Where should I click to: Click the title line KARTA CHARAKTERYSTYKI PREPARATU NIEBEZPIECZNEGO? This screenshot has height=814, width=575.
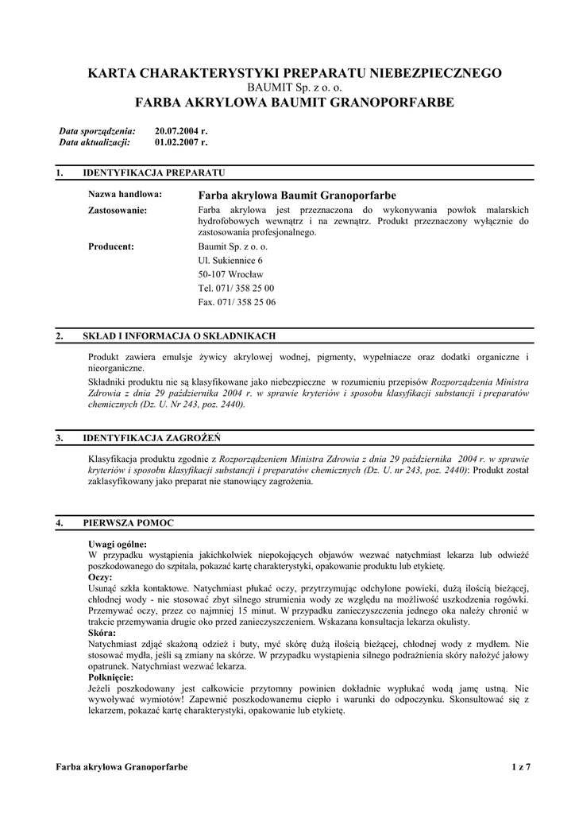[295, 73]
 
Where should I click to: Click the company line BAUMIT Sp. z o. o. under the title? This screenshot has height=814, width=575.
[295, 87]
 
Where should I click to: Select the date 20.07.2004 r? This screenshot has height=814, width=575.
[181, 130]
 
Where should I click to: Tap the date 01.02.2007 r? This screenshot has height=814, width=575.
[181, 142]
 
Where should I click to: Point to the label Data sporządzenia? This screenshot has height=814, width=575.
[98, 130]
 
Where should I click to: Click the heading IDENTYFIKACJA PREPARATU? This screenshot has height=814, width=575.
[154, 172]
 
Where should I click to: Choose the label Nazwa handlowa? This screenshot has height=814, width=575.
[125, 194]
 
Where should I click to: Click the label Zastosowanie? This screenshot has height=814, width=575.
[118, 210]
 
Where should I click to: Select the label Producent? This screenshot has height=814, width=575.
[111, 246]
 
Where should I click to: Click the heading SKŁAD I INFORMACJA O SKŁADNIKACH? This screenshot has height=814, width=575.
[179, 336]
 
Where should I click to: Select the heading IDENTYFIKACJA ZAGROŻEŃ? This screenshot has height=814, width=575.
[152, 438]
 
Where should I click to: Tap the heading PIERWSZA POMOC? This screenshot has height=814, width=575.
[129, 523]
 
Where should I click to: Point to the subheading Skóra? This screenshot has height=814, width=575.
[102, 632]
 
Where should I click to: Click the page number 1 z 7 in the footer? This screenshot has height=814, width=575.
[521, 766]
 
